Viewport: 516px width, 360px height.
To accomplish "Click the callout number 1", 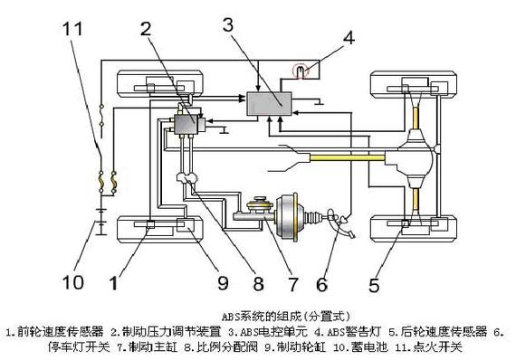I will [113, 282].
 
